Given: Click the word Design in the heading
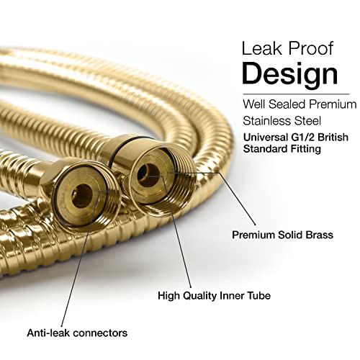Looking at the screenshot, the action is coord(290,73).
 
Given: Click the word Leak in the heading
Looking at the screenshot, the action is coord(262,49).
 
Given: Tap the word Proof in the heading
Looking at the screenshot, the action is coord(311,49).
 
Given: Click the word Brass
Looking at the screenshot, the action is coord(320,235).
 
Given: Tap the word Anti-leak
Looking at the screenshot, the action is coord(48,333).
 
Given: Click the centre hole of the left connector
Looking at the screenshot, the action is coord(82,196).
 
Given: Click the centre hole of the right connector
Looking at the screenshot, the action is coord(149,175).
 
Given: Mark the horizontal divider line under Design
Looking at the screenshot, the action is coord(296,94).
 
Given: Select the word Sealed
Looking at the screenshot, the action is coord(287,104).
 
